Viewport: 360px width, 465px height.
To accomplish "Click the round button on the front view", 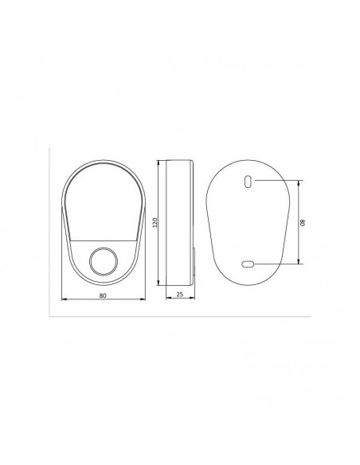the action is pyautogui.click(x=104, y=261).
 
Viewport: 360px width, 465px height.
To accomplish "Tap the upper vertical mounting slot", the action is pyautogui.click(x=248, y=182).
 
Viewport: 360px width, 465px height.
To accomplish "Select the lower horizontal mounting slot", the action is pyautogui.click(x=248, y=264).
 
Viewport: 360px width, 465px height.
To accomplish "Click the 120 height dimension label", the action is pyautogui.click(x=155, y=222).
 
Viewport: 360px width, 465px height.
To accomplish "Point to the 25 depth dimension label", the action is pyautogui.click(x=180, y=294).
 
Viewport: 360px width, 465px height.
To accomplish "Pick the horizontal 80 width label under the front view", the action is pyautogui.click(x=103, y=295).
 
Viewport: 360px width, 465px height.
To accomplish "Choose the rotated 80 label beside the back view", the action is pyautogui.click(x=303, y=222).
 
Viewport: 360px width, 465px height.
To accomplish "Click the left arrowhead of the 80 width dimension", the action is pyautogui.click(x=64, y=299).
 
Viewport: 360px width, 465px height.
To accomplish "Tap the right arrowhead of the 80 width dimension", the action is pyautogui.click(x=143, y=299).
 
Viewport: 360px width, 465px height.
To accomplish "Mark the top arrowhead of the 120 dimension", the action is pyautogui.click(x=158, y=162).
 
